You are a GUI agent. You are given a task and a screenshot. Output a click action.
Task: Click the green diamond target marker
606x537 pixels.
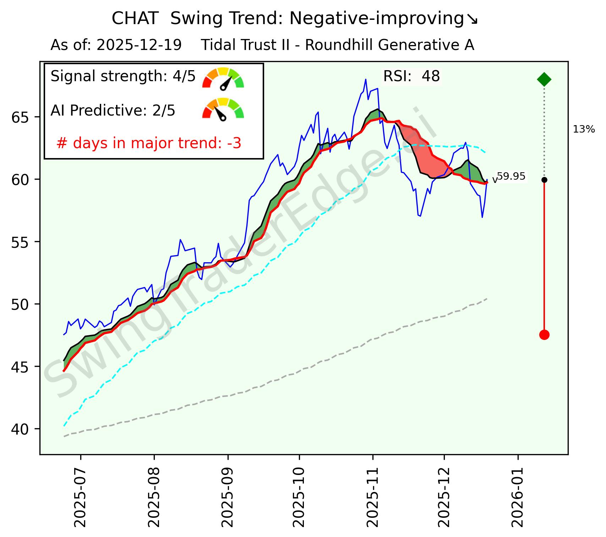[544, 79]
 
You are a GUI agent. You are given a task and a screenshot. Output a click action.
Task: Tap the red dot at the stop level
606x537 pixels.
[544, 335]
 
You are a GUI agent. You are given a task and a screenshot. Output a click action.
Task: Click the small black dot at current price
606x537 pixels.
[544, 180]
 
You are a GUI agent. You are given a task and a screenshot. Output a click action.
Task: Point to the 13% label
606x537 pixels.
[584, 130]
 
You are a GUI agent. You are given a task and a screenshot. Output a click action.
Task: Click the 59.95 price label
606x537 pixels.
[511, 176]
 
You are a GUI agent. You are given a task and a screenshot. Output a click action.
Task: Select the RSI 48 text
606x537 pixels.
[411, 76]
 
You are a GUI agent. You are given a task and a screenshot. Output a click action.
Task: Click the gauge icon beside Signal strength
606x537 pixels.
[223, 78]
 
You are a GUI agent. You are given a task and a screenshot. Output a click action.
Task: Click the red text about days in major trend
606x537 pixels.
[149, 143]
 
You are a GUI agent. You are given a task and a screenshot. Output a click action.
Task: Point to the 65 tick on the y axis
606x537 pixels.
[20, 117]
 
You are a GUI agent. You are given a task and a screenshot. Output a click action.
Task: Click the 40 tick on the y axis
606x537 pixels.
[20, 429]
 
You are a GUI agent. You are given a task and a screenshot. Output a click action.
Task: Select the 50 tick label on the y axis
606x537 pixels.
[20, 304]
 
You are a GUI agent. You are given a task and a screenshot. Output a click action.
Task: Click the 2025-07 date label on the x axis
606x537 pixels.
[81, 496]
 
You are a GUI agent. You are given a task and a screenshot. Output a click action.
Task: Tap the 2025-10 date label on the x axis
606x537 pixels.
[299, 496]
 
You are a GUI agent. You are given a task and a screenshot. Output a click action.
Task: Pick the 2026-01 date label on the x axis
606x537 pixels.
[518, 496]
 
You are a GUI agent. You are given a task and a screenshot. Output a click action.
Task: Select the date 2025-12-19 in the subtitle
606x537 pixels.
[139, 45]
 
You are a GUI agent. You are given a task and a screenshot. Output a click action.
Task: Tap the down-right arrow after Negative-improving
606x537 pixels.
[472, 19]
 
